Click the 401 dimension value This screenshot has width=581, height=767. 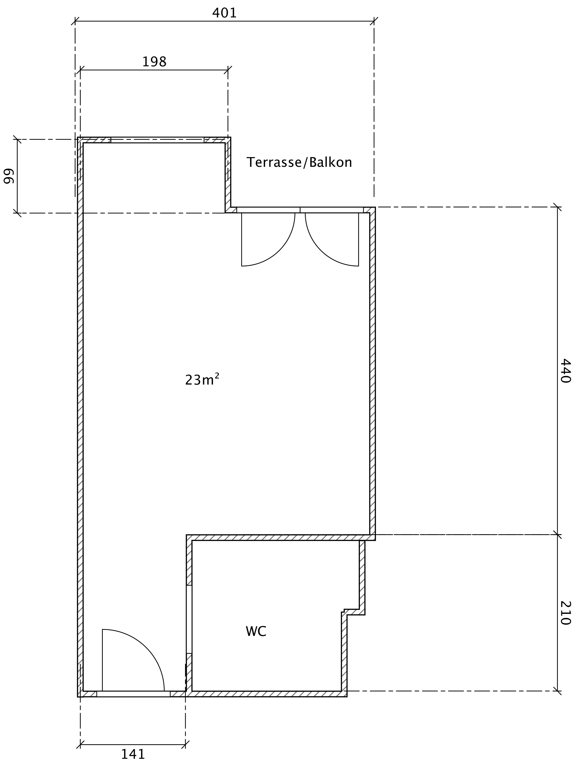[x=224, y=13]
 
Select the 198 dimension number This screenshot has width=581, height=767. [x=154, y=62]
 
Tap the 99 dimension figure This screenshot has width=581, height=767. [x=9, y=176]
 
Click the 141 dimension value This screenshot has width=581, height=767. [x=133, y=754]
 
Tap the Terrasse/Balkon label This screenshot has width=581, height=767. [x=299, y=162]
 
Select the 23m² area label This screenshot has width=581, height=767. [x=202, y=379]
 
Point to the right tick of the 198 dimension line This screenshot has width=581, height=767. [x=228, y=70]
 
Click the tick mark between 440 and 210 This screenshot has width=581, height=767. [x=557, y=535]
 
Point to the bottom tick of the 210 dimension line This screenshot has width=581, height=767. [x=557, y=691]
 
